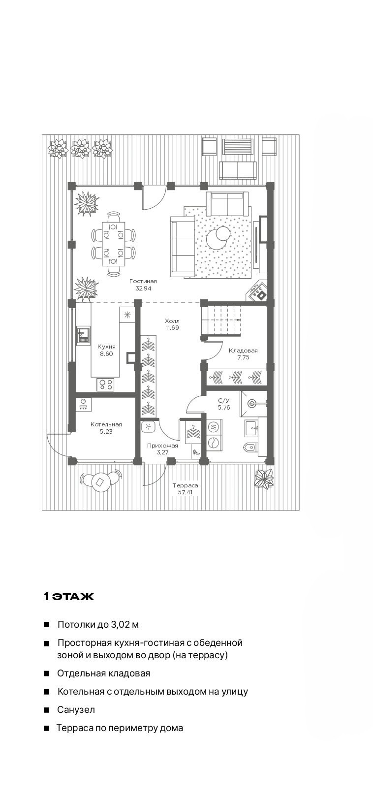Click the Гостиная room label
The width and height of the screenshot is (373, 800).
[x=143, y=281]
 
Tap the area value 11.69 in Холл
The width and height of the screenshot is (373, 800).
[x=172, y=328]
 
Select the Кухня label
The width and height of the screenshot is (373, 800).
[x=106, y=347]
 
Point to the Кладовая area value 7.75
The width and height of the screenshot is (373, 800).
[x=243, y=357]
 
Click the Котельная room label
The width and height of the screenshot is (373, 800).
[x=106, y=424]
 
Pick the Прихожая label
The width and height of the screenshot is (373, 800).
[x=162, y=446]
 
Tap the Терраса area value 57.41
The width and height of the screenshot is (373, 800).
[x=185, y=492]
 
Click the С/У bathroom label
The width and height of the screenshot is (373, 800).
[x=224, y=401]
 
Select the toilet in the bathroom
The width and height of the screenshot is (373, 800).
[x=250, y=447]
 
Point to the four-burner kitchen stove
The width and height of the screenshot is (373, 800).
[x=106, y=384]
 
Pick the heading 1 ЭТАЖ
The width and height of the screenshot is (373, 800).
[x=68, y=596]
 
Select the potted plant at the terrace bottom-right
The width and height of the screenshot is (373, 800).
[x=264, y=478]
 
